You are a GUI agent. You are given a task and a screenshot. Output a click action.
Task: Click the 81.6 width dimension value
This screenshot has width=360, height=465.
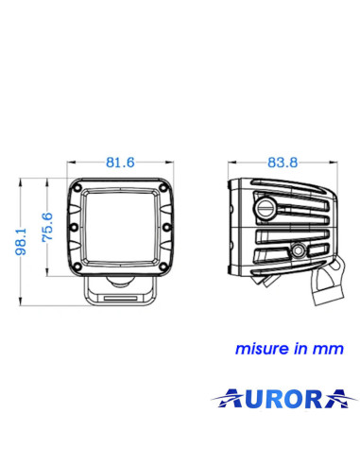[x=120, y=163]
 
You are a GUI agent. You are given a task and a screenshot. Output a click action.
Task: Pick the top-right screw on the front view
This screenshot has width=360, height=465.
[x=163, y=189]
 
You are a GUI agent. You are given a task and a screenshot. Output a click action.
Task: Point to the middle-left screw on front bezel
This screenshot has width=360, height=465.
[x=73, y=229]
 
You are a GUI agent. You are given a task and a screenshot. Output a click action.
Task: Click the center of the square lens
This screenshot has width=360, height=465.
[x=120, y=229]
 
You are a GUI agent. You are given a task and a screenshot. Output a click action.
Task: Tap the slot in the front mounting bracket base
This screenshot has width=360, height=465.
[x=120, y=297]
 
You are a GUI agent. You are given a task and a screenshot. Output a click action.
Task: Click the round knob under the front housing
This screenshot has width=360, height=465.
[x=120, y=283]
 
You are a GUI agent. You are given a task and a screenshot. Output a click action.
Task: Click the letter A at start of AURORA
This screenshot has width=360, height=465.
[x=224, y=401]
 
